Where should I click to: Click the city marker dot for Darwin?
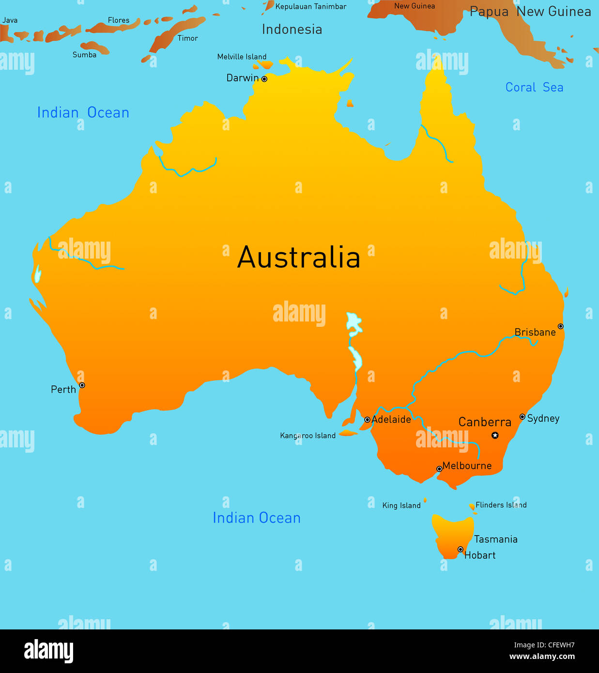[264, 79]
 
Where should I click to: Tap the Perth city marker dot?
[82, 385]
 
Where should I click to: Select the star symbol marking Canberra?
[495, 435]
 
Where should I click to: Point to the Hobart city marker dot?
[461, 550]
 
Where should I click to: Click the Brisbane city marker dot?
[560, 326]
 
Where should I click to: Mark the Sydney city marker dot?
[522, 417]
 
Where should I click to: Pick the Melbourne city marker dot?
[439, 469]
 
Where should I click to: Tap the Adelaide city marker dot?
[368, 420]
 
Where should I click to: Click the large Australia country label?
[299, 257]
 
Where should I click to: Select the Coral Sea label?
[534, 88]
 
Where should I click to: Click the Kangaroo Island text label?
[307, 436]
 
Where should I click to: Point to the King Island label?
[401, 505]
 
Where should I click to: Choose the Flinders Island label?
[501, 505]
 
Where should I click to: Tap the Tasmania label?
[495, 539]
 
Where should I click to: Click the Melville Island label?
[242, 57]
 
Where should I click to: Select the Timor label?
[187, 38]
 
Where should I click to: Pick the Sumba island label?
[84, 55]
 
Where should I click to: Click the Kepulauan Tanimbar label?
[311, 7]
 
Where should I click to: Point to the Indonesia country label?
[292, 30]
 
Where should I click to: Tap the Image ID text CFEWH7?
[544, 645]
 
